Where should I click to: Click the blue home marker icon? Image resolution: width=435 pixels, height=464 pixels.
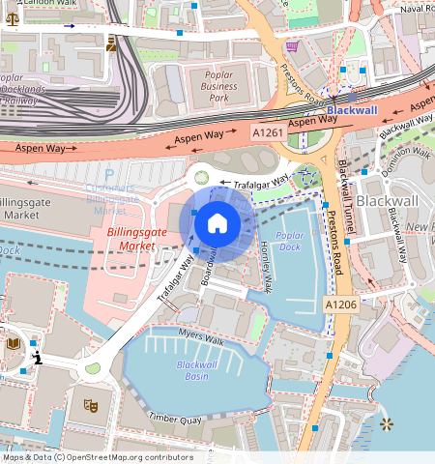coord(217,223)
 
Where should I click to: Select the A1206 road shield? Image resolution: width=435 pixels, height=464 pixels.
coord(341,304)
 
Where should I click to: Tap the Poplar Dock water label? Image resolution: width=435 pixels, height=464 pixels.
coord(289,240)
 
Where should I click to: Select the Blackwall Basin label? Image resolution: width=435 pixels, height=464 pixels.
coord(197,369)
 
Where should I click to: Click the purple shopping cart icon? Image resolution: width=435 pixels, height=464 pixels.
coord(291,45)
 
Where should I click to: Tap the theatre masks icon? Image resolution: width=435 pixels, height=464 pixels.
coord(90,405)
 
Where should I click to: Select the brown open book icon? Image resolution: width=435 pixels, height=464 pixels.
coord(14,343)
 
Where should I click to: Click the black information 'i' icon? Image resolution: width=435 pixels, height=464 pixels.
coord(37,359)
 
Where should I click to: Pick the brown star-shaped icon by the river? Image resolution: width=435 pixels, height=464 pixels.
coord(387,423)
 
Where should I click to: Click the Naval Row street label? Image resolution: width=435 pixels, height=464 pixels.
coord(416,8)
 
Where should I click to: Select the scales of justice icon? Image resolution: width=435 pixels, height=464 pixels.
coord(111,43)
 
